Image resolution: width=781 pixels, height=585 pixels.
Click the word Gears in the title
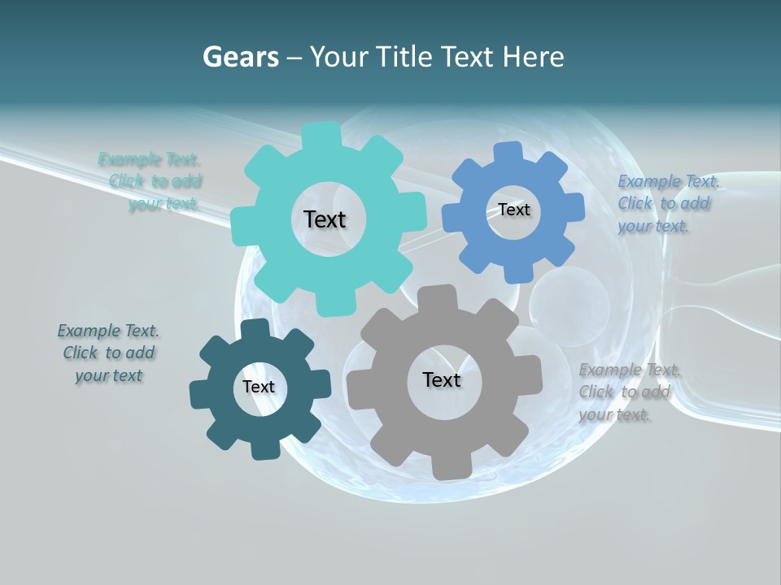240,57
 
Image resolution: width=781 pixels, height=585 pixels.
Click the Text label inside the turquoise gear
325,219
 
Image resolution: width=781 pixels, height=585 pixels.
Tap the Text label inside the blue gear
513,210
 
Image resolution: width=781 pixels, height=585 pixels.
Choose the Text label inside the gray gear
442,379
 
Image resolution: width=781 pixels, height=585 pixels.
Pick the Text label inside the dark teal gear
259,387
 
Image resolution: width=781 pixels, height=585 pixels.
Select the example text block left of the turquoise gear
151,182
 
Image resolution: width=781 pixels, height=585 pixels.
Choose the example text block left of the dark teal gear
108,353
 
